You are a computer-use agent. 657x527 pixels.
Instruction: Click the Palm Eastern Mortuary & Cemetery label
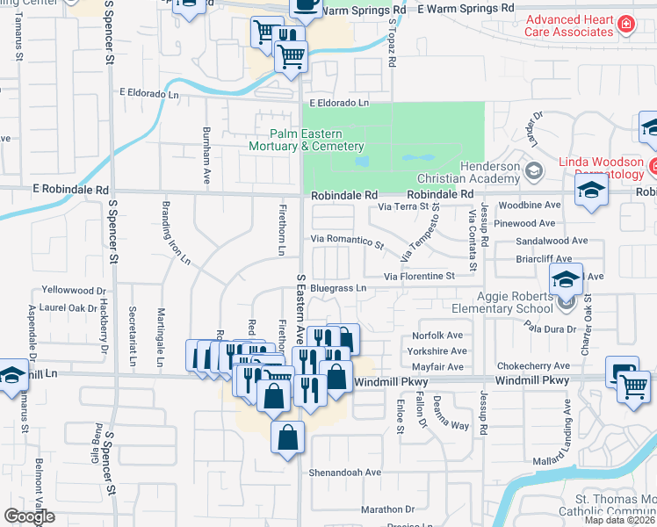coord(306,140)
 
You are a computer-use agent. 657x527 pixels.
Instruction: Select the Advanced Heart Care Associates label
coord(568,25)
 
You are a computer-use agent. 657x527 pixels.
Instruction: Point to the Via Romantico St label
coord(347,240)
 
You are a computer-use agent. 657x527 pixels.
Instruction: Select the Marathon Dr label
coord(386,509)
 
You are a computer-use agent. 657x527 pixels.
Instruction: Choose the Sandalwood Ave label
coord(552,240)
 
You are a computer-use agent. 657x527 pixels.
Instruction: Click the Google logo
coord(29,516)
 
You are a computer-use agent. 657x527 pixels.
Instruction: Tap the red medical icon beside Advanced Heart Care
coord(625,24)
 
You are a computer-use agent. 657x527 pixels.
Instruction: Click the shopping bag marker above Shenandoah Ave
coord(288,437)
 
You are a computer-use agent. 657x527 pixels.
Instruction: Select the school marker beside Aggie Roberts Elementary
coord(566,279)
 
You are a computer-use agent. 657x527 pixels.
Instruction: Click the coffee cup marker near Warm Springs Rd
coord(306,5)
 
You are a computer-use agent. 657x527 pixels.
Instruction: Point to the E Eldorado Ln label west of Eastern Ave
coord(155,92)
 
